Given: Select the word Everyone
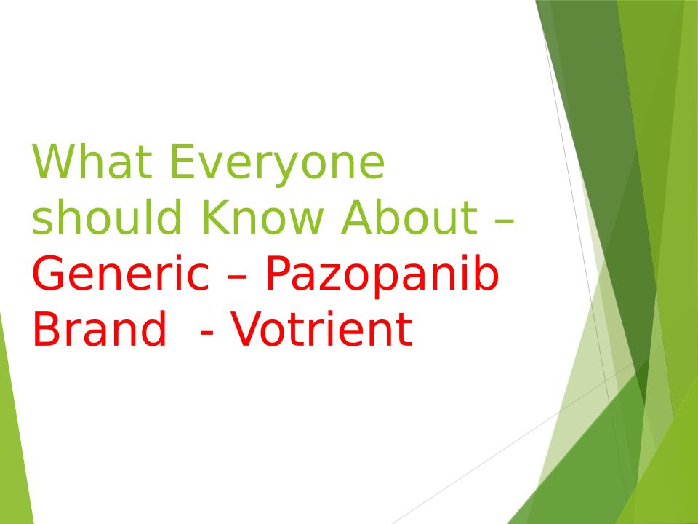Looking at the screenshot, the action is [x=277, y=165].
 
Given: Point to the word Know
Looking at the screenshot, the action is [x=262, y=217].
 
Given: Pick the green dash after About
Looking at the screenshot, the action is [x=505, y=221].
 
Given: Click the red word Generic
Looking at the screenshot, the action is [x=121, y=273].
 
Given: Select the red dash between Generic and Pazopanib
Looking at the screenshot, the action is [x=237, y=277].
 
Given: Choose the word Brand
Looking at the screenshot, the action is [x=100, y=328].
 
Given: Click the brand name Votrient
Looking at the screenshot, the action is [x=321, y=329].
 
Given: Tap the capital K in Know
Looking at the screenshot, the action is [x=214, y=217].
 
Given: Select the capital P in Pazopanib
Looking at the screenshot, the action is [x=277, y=273].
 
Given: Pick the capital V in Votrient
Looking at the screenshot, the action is [x=244, y=329].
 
